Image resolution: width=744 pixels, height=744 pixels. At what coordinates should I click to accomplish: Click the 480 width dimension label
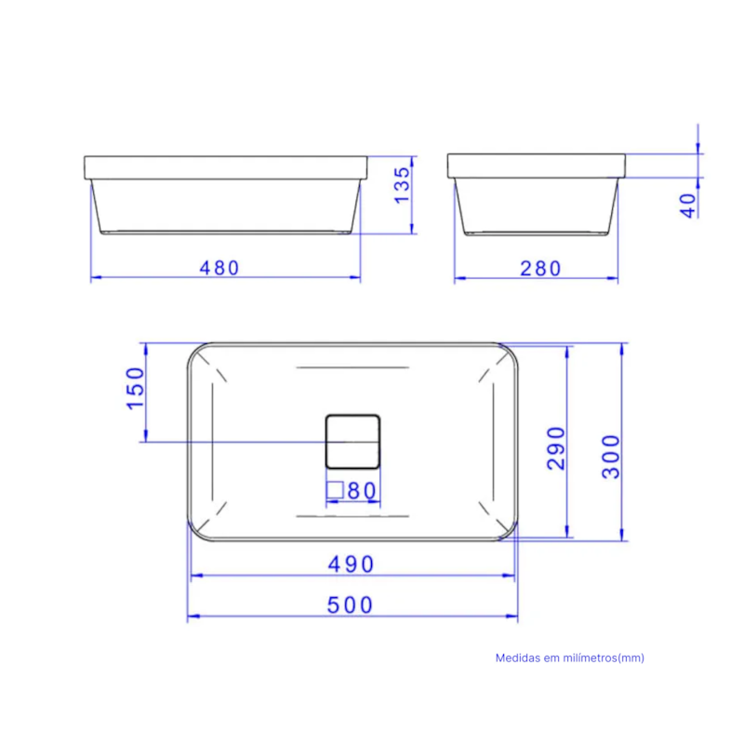click(219, 268)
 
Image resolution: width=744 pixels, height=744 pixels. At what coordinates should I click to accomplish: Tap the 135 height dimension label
click(402, 185)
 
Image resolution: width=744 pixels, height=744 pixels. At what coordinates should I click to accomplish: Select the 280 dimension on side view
click(540, 269)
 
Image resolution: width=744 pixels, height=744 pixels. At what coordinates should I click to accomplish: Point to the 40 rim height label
click(688, 206)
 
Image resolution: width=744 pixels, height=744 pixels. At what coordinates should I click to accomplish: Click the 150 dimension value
click(135, 388)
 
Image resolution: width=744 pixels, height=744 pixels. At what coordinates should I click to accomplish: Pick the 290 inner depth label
click(556, 448)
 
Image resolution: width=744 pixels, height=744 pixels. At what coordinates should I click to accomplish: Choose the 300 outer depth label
click(611, 457)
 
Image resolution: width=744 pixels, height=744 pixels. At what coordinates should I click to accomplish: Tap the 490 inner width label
click(352, 565)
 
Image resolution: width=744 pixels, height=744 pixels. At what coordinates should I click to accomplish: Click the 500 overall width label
click(351, 605)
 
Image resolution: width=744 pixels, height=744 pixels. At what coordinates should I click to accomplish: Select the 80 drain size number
click(363, 491)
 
